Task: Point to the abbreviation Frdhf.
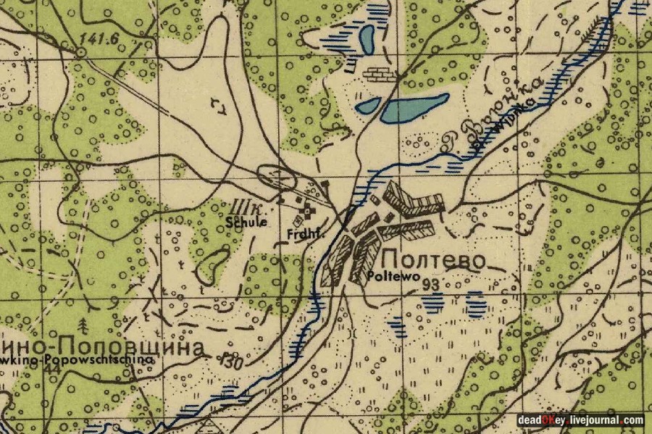(x=303, y=234)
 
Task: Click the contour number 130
(x=232, y=357)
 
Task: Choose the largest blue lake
(x=414, y=108)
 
